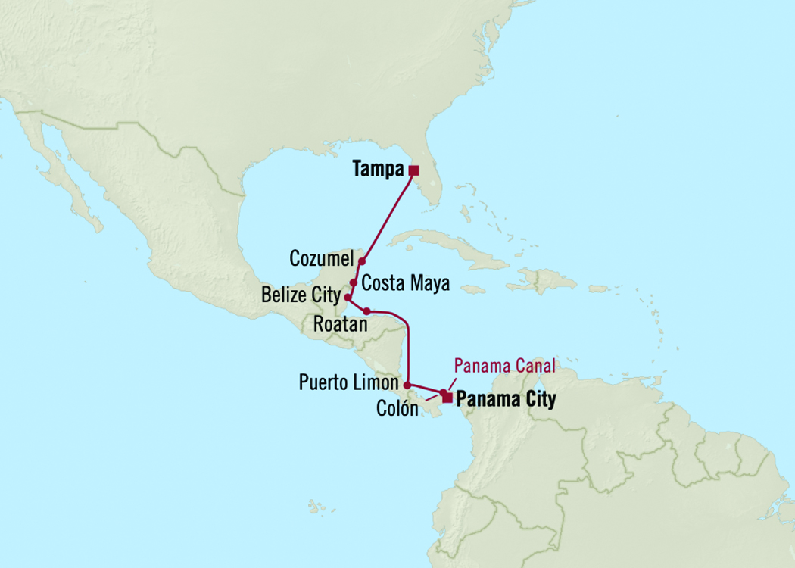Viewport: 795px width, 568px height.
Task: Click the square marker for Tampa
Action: coord(413,170)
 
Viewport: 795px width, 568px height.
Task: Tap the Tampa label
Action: coord(378,170)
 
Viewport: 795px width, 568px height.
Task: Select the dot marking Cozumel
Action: coord(362,261)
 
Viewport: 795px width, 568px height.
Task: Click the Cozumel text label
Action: coord(322,260)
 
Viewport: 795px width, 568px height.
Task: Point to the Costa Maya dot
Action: coord(354,282)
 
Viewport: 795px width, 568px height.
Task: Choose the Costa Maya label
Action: coord(406,284)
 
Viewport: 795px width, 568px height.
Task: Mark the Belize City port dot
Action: coord(347,297)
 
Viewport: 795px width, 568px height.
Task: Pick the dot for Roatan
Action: coord(367,311)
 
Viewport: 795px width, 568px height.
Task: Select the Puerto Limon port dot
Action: coord(407,385)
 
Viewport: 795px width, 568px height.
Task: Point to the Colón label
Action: coord(397,409)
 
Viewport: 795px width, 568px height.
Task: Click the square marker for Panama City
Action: coord(447,398)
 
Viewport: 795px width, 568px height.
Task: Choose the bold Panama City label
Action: coord(507,399)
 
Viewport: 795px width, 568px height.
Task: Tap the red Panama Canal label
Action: coord(504,367)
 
